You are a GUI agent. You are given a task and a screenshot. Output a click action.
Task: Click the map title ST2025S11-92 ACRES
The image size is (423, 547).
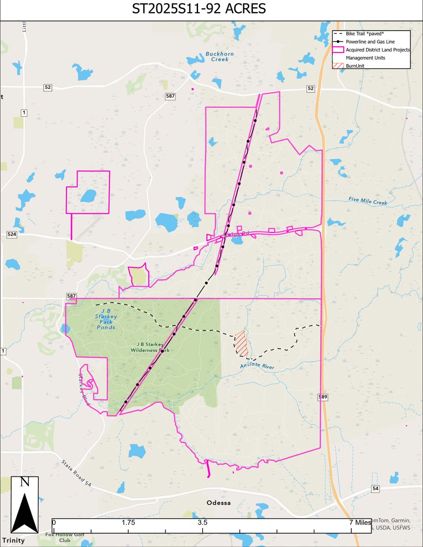211,10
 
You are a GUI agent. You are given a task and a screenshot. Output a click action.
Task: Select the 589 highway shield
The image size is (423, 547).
323,397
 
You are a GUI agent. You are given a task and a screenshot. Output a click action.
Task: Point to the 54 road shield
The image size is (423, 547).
376,489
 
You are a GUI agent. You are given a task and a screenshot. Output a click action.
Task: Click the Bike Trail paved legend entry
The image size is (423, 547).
365,34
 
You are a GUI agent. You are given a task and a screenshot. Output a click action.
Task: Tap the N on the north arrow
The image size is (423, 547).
25,482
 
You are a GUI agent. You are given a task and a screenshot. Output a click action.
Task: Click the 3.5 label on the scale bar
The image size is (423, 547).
203,522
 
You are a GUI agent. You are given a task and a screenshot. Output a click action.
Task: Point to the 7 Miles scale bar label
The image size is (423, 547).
357,522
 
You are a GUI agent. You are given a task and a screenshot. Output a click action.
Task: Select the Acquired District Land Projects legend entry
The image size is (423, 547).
378,50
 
